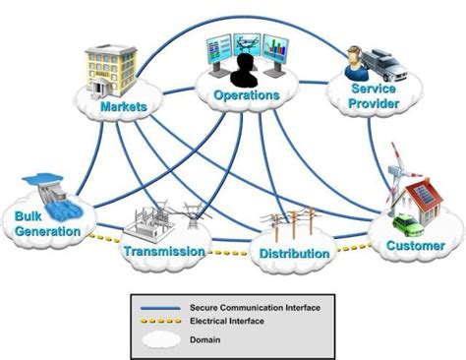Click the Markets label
123,105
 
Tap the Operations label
246,95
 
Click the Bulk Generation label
47,224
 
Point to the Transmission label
165,251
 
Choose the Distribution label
295,254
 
